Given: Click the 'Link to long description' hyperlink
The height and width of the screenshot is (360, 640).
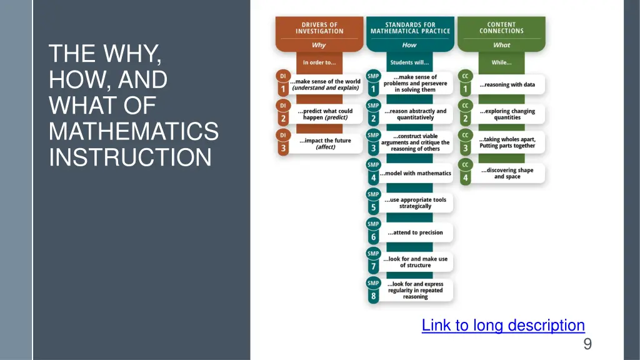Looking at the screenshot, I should click(x=503, y=326).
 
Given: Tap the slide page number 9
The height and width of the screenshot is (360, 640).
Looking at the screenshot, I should click(x=587, y=344).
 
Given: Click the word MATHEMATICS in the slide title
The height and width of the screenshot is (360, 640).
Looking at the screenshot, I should click(x=134, y=132).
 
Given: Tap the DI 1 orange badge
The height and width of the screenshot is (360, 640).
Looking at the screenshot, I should click(x=283, y=82).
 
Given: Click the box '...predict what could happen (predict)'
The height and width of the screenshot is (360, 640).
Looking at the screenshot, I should click(x=325, y=114).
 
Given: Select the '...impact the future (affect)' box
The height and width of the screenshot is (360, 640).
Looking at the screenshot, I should click(x=325, y=144).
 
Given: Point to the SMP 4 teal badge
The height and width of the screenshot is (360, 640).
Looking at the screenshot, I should click(x=373, y=171).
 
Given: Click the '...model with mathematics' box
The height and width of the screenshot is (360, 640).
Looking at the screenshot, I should click(x=416, y=173).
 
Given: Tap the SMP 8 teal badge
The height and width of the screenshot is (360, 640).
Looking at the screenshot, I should click(x=373, y=290).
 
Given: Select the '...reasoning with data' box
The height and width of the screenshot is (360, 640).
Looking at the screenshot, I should click(x=507, y=84).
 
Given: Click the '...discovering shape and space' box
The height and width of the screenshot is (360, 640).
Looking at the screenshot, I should click(x=507, y=173).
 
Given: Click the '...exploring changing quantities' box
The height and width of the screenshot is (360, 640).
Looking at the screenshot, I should click(x=507, y=114).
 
